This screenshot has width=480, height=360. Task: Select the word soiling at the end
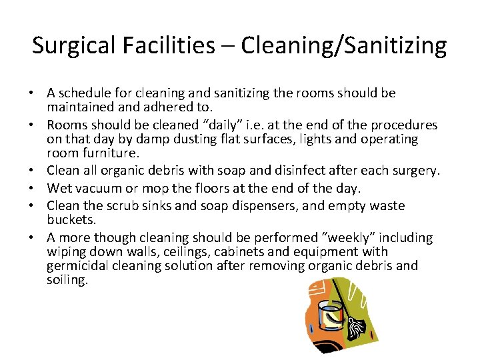click(67, 280)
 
